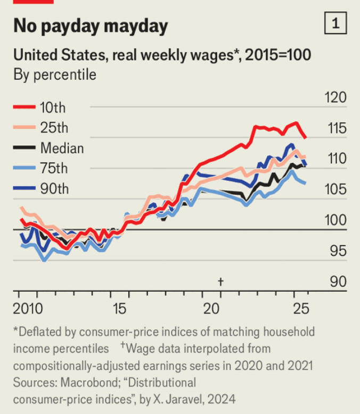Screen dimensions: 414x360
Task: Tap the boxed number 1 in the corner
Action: (336, 23)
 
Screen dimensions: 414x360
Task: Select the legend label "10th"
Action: (53, 107)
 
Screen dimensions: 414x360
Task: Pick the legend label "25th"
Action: (54, 128)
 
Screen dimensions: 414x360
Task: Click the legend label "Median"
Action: (62, 148)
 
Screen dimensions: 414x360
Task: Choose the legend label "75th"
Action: (54, 169)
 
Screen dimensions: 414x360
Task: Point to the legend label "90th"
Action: (54, 189)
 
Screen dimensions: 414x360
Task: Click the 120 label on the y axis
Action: (335, 98)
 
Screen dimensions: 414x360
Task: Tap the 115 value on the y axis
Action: (335, 129)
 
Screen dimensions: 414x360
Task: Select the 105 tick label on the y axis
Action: (335, 190)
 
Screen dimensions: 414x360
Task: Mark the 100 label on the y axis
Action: (335, 220)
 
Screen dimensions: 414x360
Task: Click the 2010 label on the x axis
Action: (26, 308)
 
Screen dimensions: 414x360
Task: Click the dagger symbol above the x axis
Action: (220, 281)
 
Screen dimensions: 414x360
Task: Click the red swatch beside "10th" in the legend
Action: (23, 107)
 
